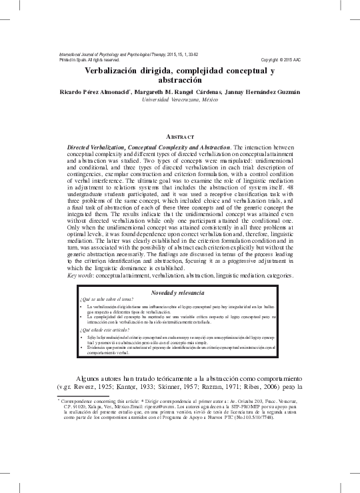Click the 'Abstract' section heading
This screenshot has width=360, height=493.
click(x=180, y=136)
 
